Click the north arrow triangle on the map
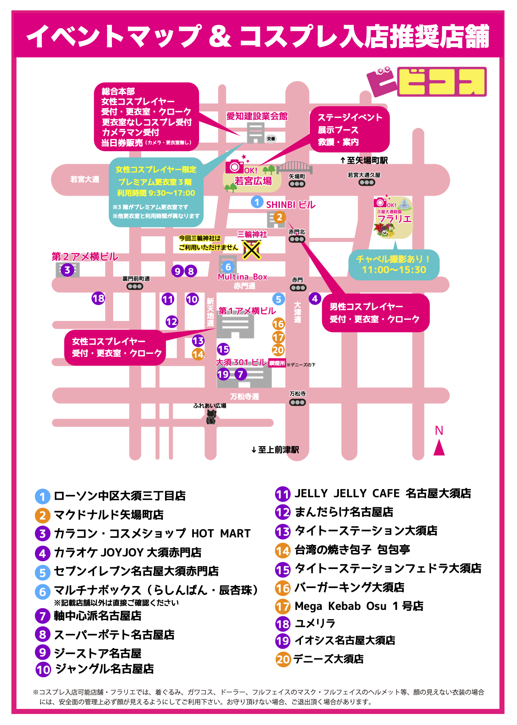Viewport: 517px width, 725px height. [x=439, y=448]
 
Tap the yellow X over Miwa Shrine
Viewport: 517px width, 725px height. [x=251, y=250]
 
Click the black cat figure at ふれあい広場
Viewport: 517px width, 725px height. [x=210, y=417]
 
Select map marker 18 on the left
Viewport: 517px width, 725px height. [x=98, y=299]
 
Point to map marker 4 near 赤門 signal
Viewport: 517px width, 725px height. [x=315, y=299]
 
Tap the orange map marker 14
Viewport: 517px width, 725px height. [x=198, y=354]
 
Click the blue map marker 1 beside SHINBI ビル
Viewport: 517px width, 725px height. [x=257, y=202]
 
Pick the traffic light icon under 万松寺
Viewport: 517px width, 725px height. [x=297, y=402]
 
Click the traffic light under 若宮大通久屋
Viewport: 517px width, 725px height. [x=367, y=182]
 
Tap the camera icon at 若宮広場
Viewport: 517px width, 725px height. [x=234, y=167]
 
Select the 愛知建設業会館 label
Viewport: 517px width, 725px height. [x=257, y=117]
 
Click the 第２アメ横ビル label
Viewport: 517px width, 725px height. [x=85, y=257]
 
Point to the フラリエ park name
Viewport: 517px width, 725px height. [x=394, y=219]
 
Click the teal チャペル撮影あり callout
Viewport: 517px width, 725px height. [x=394, y=265]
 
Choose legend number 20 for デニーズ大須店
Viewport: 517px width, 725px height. [x=283, y=659]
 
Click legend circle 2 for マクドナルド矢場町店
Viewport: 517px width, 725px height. [x=43, y=515]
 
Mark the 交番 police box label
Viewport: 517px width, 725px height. [x=271, y=139]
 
